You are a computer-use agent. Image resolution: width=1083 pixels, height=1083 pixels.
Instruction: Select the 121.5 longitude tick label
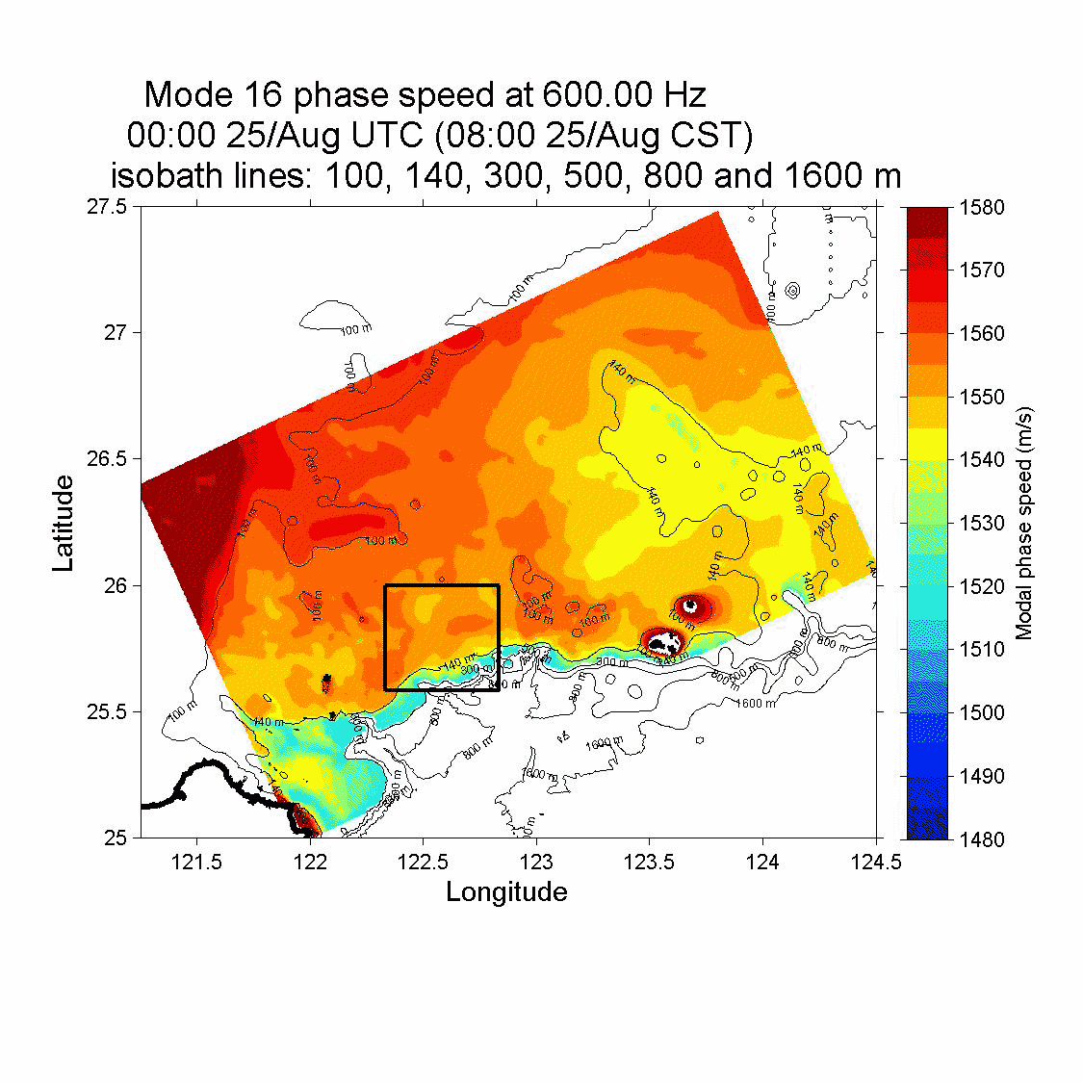click(x=196, y=861)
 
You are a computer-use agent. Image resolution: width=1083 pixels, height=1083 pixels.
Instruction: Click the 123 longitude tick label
click(x=536, y=861)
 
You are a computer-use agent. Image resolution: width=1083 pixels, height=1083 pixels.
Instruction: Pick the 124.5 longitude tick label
click(x=875, y=861)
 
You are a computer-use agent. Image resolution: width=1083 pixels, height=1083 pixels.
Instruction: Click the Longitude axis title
click(x=506, y=892)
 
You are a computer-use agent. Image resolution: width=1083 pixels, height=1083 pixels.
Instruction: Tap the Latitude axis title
click(x=64, y=523)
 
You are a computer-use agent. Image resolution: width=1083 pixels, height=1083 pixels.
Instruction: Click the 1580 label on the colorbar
click(x=981, y=207)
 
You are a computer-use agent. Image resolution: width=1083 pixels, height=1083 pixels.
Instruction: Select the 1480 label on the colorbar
click(x=981, y=839)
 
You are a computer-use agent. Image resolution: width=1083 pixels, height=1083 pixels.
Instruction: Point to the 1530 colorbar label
click(x=981, y=524)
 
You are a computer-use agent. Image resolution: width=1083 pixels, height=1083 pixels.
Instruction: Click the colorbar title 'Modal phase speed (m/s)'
click(x=1024, y=523)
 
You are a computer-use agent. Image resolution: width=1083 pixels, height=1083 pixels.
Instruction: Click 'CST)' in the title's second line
click(x=710, y=136)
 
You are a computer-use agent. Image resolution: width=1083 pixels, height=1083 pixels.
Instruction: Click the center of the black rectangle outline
click(x=442, y=637)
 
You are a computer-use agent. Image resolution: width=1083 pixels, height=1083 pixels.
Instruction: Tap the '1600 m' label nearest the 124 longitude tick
click(x=756, y=704)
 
